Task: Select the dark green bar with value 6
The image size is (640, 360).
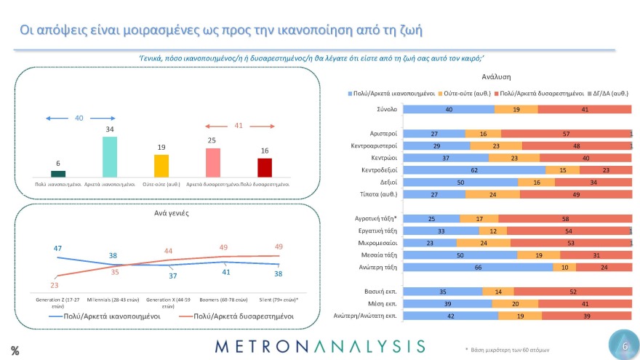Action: pos(58,173)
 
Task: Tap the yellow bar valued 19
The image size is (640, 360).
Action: pos(161,165)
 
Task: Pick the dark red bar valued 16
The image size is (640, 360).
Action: pos(264,167)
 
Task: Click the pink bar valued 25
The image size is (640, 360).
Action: pos(212,162)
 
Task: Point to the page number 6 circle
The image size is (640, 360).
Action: pos(623,347)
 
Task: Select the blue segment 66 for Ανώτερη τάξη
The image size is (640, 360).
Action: pos(478,267)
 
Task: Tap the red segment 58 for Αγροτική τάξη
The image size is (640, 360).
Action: pos(564,218)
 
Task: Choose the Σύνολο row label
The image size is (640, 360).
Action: pos(386,110)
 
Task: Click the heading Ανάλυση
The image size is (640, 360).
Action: pos(496,76)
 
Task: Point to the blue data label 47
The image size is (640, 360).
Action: pos(57,249)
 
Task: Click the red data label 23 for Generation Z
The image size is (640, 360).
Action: pos(55,284)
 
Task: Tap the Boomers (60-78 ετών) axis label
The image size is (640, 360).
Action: pos(224,300)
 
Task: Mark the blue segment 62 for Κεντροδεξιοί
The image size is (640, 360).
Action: pos(473,169)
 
